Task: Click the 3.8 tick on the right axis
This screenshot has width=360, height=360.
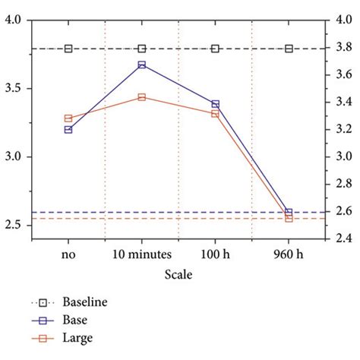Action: pyautogui.click(x=343, y=48)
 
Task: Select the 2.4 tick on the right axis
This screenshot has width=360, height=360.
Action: pyautogui.click(x=343, y=238)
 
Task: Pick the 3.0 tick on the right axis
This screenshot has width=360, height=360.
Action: pyautogui.click(x=343, y=156)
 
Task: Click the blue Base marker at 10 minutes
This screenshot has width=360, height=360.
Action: pyautogui.click(x=141, y=65)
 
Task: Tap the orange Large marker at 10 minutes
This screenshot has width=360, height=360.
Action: pyautogui.click(x=141, y=97)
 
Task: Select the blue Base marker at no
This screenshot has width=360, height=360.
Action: pyautogui.click(x=68, y=130)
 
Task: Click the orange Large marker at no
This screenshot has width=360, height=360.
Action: pyautogui.click(x=68, y=118)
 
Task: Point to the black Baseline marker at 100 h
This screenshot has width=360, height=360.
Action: pyautogui.click(x=215, y=49)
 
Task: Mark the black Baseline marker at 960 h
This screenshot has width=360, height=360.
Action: pyautogui.click(x=289, y=49)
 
